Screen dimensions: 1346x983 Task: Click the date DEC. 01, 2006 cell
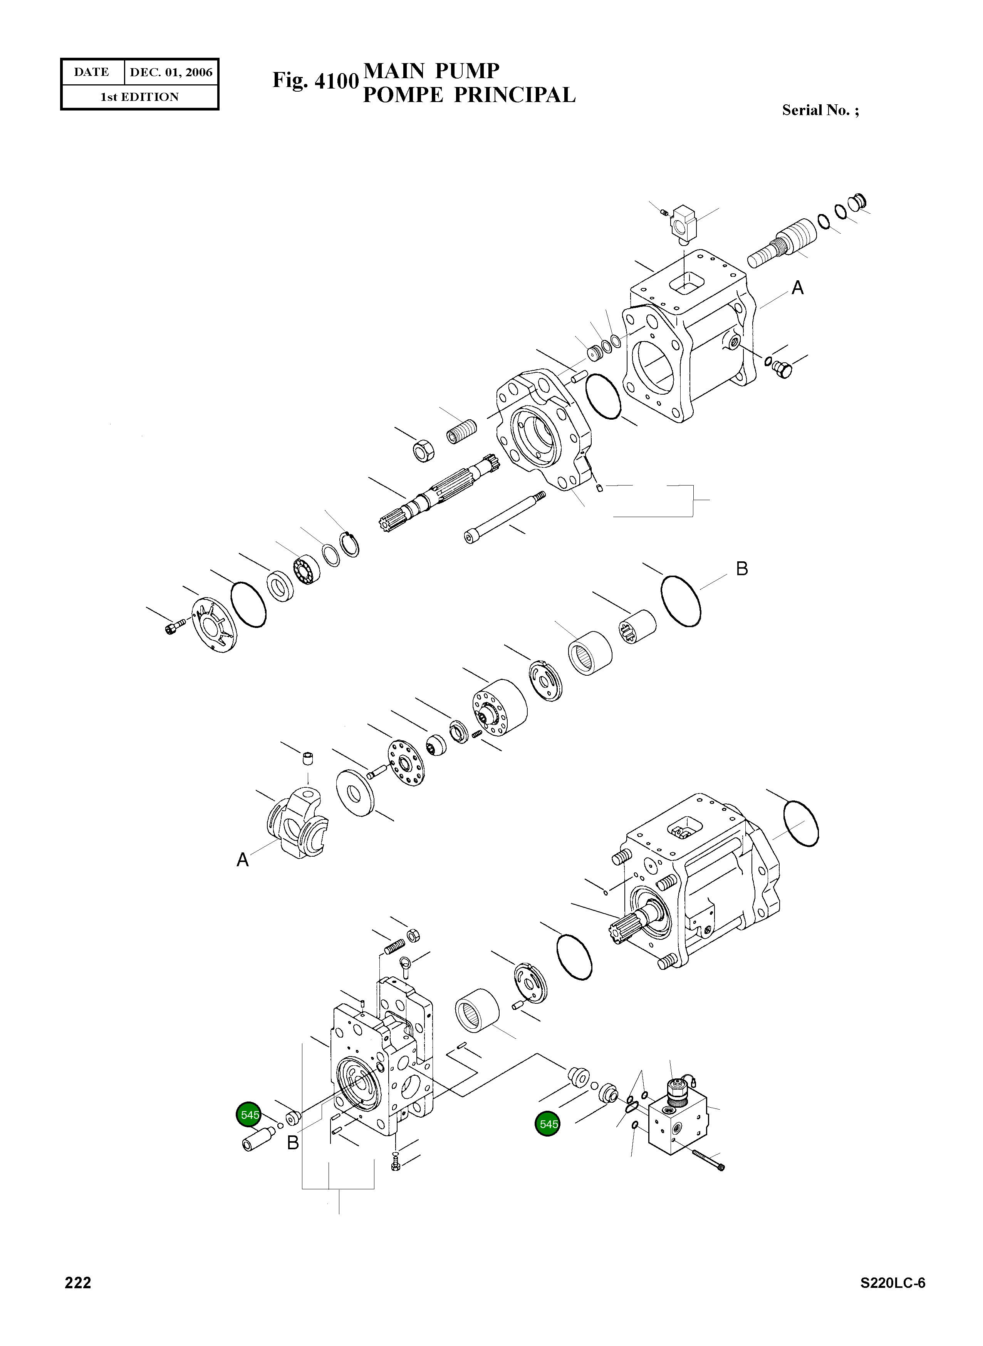click(x=171, y=72)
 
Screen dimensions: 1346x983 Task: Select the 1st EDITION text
click(x=139, y=97)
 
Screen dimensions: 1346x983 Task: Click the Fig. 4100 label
click(x=315, y=80)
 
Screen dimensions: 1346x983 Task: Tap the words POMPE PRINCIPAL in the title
click(x=469, y=95)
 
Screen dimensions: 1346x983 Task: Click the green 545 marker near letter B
click(x=249, y=1114)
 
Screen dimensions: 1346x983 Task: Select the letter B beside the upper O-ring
click(x=741, y=569)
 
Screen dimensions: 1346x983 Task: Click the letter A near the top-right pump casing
click(x=797, y=288)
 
